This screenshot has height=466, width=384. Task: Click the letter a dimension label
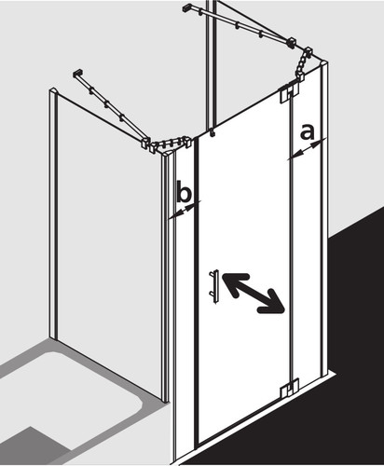tap(307, 131)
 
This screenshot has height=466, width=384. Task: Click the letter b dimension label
tap(184, 191)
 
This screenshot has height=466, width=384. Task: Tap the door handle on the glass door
tap(215, 287)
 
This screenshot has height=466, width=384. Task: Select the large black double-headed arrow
tap(253, 293)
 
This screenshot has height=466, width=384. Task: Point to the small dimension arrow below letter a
tap(307, 149)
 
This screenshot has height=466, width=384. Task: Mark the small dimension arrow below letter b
tap(185, 209)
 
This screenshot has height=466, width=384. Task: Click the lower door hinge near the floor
tap(290, 389)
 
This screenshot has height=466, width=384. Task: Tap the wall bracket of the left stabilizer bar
tap(77, 74)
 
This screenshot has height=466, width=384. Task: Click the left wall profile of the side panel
tap(53, 213)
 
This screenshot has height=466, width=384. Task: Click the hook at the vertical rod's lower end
tap(213, 132)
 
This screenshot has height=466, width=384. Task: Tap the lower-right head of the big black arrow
tap(273, 302)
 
